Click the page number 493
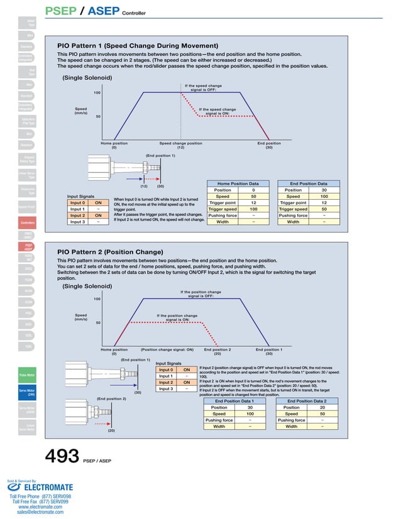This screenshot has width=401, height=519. [61, 456]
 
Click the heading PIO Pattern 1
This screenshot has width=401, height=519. [138, 46]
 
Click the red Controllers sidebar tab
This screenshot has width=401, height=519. [27, 223]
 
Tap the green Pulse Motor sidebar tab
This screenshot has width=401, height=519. [27, 375]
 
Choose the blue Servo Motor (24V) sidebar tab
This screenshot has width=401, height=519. [27, 393]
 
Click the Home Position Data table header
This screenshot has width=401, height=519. [236, 183]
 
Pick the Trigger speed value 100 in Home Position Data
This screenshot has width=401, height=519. [253, 209]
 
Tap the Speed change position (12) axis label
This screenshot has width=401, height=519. [180, 145]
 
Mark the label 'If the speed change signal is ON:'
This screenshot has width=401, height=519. [217, 111]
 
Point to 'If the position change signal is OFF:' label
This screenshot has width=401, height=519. [200, 294]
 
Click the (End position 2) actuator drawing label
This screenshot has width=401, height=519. [111, 399]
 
